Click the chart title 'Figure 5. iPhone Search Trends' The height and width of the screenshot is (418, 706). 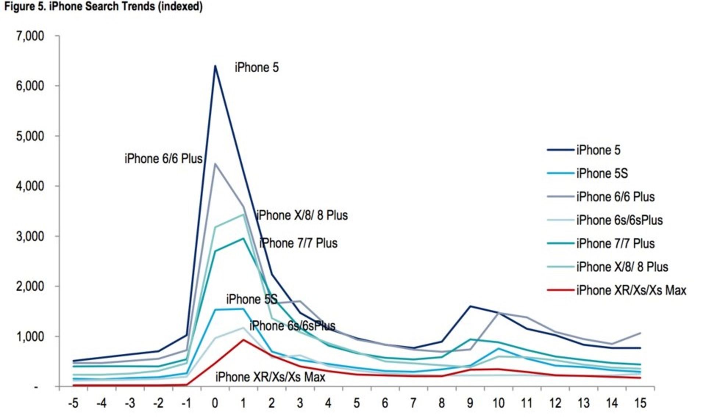(x=103, y=7)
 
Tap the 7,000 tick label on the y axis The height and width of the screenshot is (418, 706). (x=30, y=36)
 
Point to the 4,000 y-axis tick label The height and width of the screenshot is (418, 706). (x=30, y=186)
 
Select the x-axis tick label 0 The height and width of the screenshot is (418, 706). (x=215, y=403)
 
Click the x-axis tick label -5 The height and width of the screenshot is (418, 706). (x=73, y=403)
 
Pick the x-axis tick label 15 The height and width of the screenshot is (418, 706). (x=640, y=403)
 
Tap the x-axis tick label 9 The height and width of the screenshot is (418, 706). (x=470, y=403)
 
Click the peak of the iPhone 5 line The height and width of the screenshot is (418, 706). (x=215, y=66)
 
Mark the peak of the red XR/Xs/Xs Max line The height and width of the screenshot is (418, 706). (x=243, y=340)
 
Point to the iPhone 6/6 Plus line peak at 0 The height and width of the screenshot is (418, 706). (x=215, y=164)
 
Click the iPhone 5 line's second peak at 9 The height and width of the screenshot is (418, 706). (x=470, y=306)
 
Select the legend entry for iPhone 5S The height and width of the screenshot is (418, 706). (x=602, y=173)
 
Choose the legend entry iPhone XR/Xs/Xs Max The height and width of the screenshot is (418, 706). (x=631, y=291)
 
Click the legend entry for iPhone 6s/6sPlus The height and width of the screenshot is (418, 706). (x=619, y=220)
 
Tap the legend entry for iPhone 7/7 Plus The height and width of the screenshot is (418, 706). (x=615, y=244)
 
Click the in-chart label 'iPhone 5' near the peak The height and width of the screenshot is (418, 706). (x=257, y=68)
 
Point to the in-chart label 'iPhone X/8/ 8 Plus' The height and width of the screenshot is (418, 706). (x=302, y=215)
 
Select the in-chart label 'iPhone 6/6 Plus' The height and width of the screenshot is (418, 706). (x=163, y=159)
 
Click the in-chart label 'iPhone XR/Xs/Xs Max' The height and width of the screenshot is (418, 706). (x=270, y=377)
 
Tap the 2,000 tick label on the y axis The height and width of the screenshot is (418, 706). (x=30, y=287)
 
